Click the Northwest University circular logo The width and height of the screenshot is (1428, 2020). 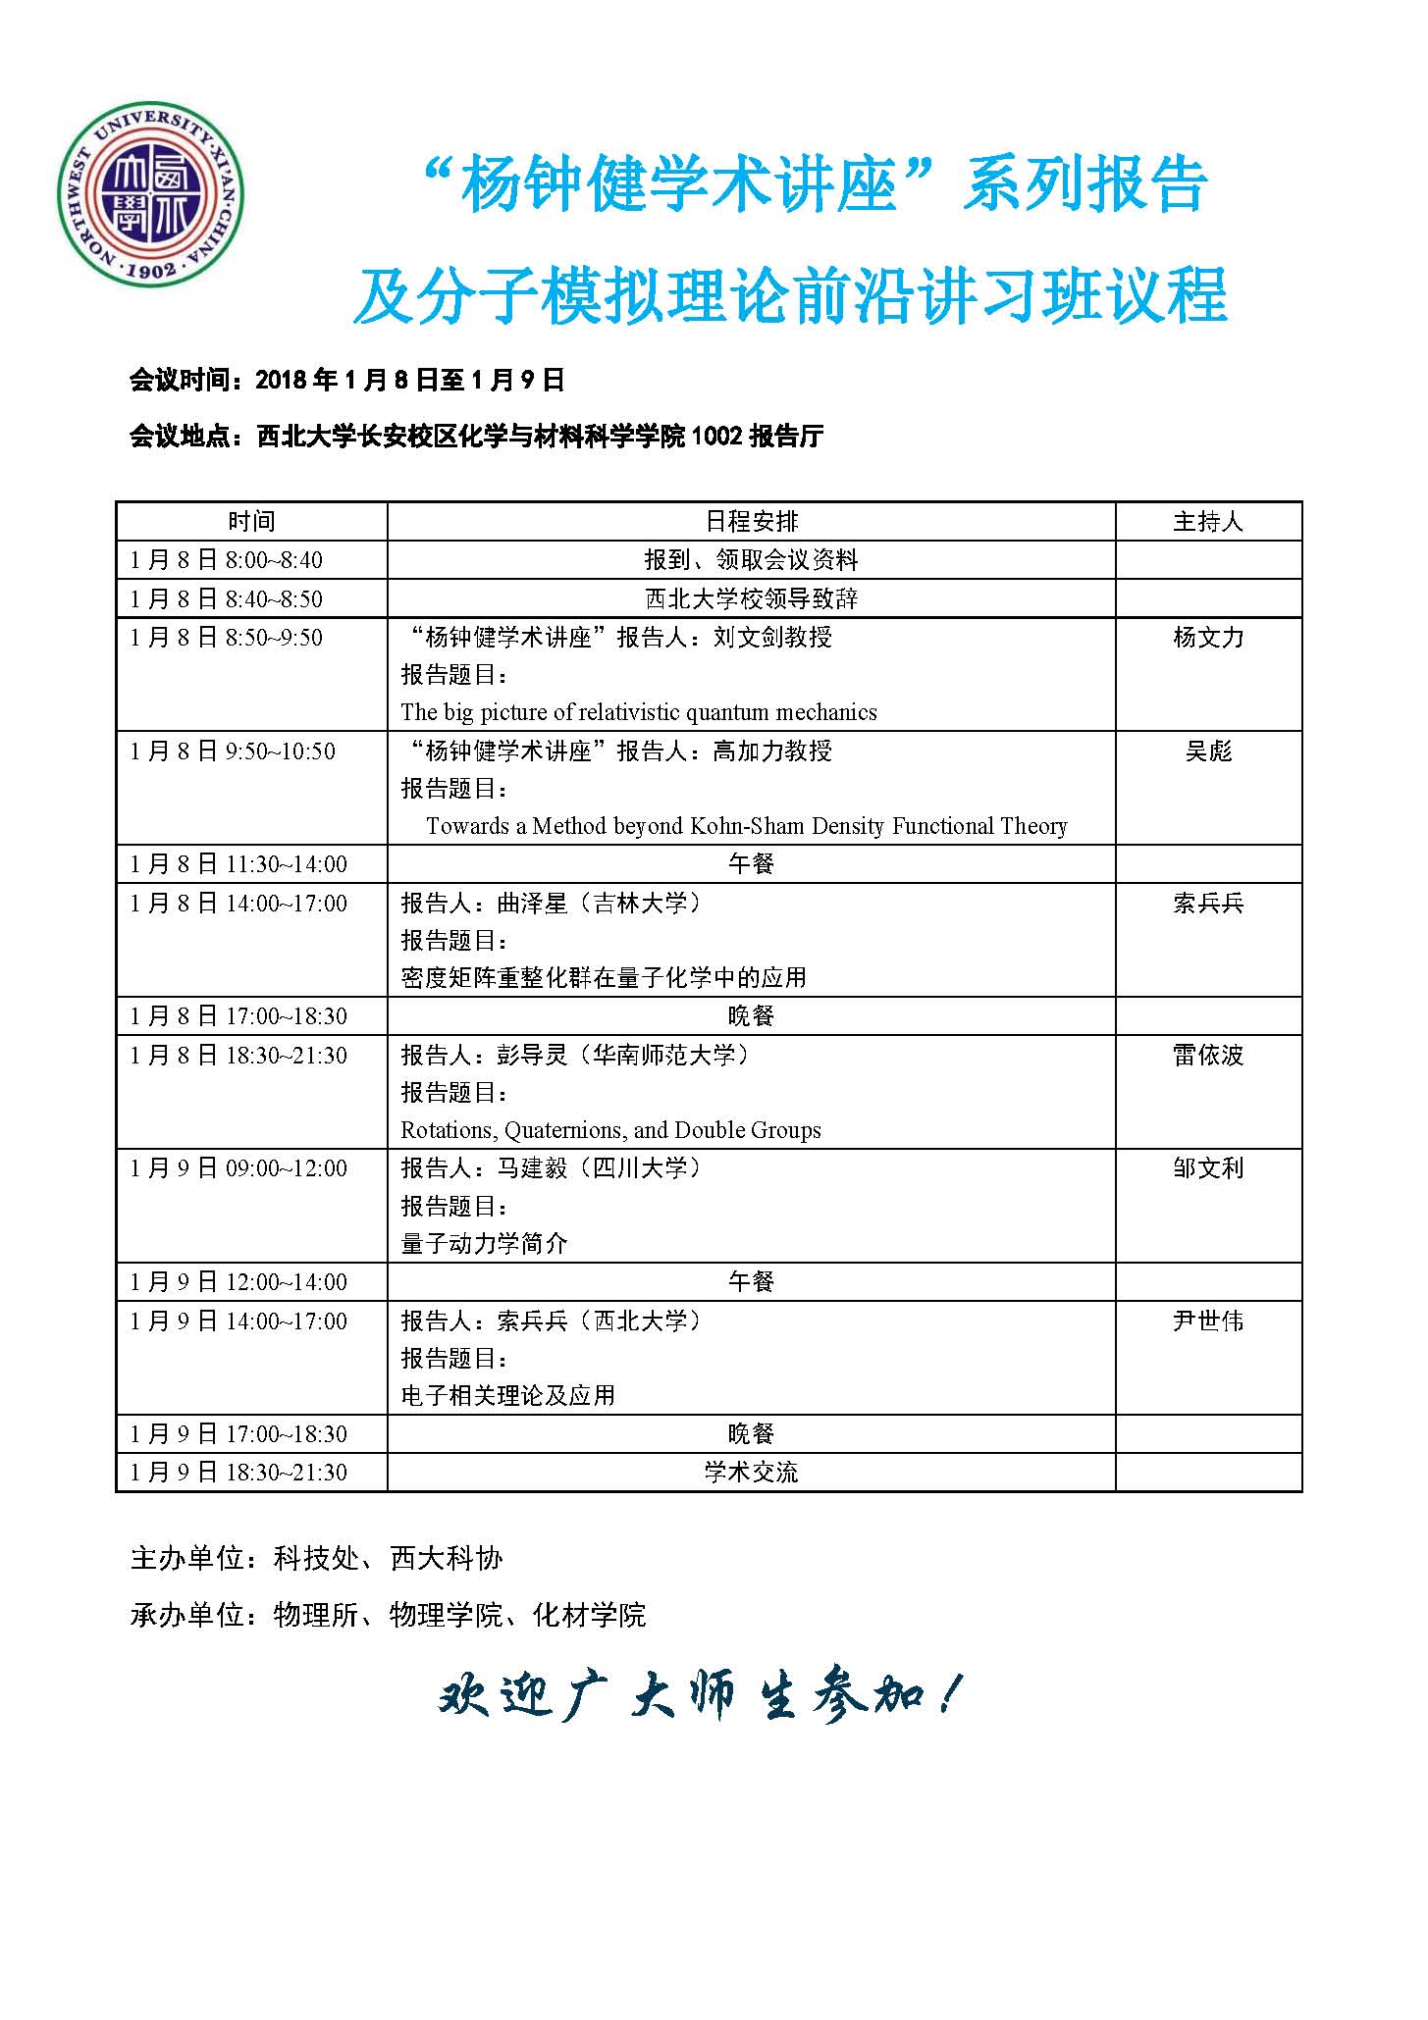click(x=150, y=195)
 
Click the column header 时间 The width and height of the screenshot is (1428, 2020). click(x=251, y=521)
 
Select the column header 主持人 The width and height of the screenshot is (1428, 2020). click(x=1208, y=521)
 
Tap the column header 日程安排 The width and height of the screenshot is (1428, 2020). click(x=751, y=521)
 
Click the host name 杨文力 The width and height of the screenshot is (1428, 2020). click(x=1208, y=638)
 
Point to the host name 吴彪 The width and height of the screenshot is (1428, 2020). click(x=1208, y=751)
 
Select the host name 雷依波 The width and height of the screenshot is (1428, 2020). click(x=1208, y=1056)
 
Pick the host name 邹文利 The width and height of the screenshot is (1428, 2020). click(x=1208, y=1168)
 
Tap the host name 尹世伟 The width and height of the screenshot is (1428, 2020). click(x=1208, y=1321)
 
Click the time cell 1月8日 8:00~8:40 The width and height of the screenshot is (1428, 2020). click(x=227, y=560)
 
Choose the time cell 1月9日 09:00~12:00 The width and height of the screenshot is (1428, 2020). click(x=238, y=1168)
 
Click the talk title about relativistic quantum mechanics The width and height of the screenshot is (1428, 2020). click(x=639, y=712)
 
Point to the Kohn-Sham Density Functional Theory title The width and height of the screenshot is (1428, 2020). click(x=747, y=826)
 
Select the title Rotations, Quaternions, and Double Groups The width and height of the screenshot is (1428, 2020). click(x=610, y=1130)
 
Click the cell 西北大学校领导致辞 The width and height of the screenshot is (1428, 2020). click(x=751, y=598)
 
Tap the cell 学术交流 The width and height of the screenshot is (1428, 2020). click(x=751, y=1473)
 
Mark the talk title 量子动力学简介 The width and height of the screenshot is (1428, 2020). click(x=485, y=1244)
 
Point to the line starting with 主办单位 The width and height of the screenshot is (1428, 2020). click(x=316, y=1558)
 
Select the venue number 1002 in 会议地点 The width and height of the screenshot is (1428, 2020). click(x=716, y=437)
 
